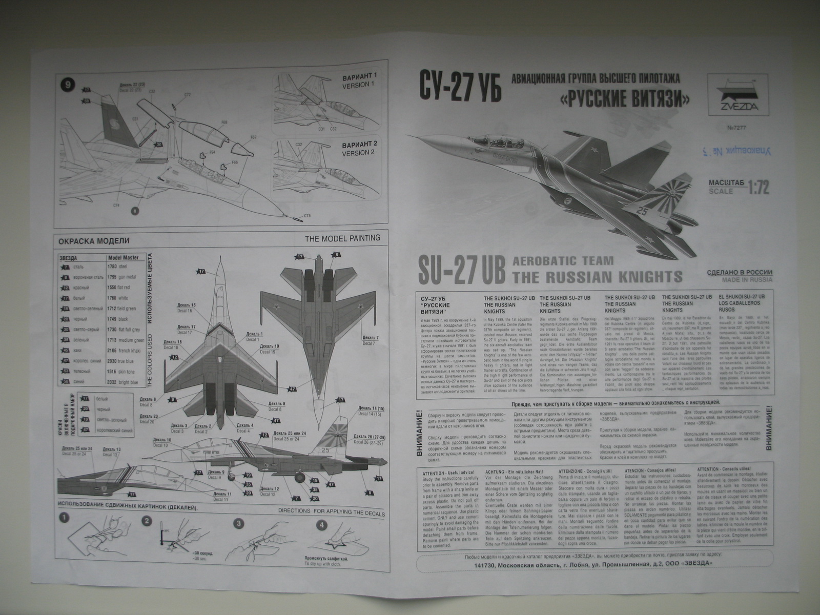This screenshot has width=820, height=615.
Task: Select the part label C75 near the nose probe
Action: click(x=307, y=215)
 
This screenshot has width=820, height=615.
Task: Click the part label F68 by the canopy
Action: click(x=224, y=122)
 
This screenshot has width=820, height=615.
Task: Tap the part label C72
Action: click(x=187, y=95)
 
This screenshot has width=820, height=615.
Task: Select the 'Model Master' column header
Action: click(x=123, y=257)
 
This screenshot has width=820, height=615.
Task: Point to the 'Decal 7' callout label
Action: click(x=370, y=340)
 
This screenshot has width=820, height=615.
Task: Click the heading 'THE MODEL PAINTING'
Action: click(x=342, y=238)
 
